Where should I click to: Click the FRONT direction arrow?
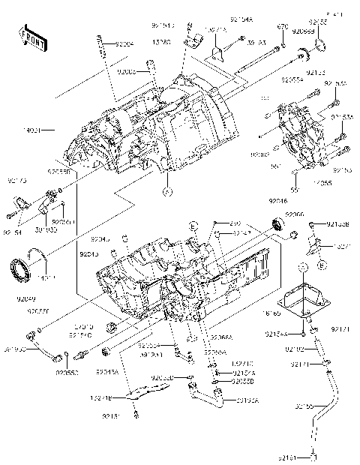(30, 37)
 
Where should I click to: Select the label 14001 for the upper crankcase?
(40, 130)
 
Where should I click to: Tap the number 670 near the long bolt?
(282, 27)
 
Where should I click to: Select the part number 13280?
(160, 43)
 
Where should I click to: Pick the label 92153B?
(338, 223)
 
